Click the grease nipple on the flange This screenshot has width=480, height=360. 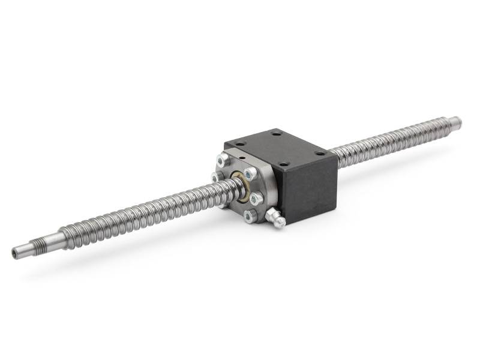point(277,219)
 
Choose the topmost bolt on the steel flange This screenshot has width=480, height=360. point(223,159)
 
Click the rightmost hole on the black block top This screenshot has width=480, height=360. point(319,154)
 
